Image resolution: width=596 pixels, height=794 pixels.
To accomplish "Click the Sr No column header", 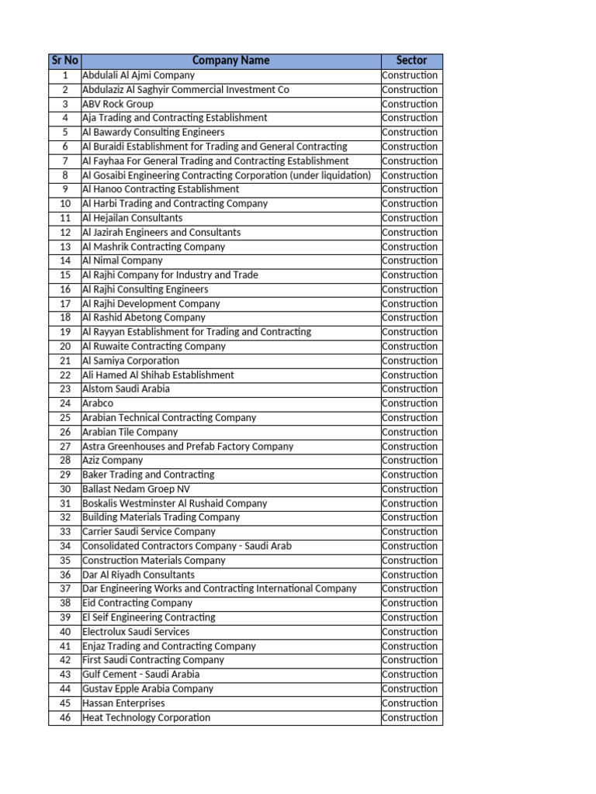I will click(64, 60).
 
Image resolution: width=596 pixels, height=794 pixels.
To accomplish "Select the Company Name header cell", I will click(230, 60).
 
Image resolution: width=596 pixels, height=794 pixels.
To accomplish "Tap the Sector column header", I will click(411, 60).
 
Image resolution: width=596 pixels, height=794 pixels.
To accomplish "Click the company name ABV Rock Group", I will click(118, 104).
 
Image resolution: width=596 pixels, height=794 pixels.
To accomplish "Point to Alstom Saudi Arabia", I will click(126, 389).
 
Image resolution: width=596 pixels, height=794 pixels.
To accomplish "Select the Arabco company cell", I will click(98, 403).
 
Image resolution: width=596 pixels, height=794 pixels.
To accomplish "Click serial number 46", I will click(65, 718).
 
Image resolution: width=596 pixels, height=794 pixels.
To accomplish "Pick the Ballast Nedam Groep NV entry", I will click(136, 489).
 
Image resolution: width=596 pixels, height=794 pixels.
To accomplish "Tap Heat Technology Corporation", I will click(146, 718).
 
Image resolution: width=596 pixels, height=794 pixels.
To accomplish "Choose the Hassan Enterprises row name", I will click(123, 703).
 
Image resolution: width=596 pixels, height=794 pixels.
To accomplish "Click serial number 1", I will click(65, 75).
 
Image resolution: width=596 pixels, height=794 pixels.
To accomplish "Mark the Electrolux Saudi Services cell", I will click(136, 632).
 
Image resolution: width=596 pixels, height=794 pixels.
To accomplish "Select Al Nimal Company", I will click(123, 261).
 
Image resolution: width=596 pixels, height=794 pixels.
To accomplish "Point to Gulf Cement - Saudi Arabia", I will click(140, 675).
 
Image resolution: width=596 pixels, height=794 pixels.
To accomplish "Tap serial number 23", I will click(65, 389).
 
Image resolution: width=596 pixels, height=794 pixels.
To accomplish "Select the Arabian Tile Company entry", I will click(130, 432).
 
